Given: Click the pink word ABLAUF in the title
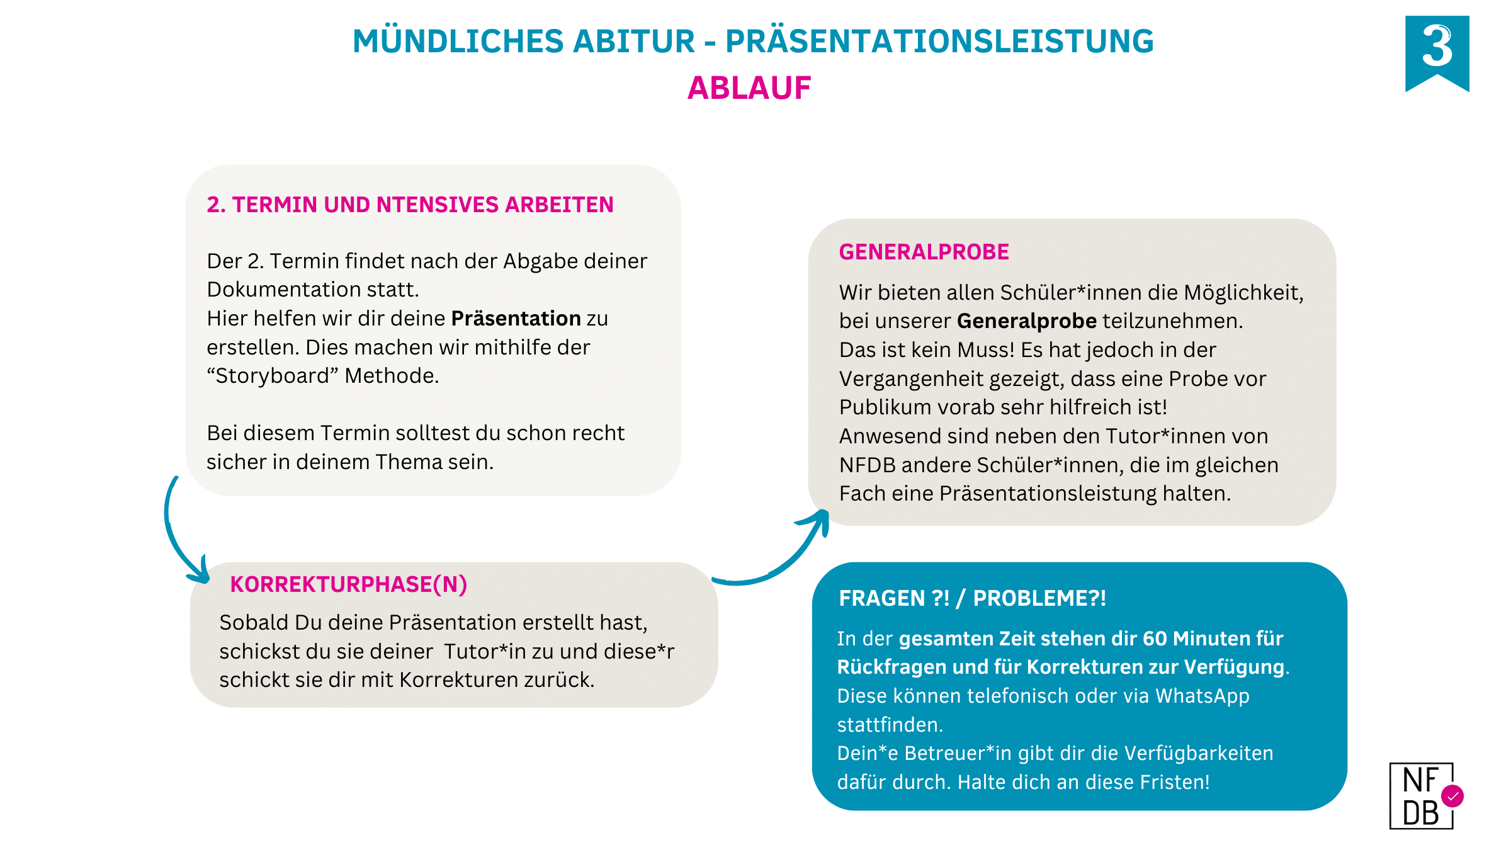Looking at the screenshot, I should pyautogui.click(x=749, y=88).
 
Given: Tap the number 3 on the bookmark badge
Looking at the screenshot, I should pyautogui.click(x=1437, y=47).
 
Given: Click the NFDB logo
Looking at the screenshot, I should pyautogui.click(x=1421, y=796).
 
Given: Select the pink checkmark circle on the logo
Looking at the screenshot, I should pyautogui.click(x=1452, y=796).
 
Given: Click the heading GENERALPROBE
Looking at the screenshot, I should pyautogui.click(x=924, y=252).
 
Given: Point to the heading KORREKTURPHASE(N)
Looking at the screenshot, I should pyautogui.click(x=348, y=584).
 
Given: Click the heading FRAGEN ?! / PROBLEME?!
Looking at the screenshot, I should pyautogui.click(x=972, y=598).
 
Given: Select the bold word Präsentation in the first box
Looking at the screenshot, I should pyautogui.click(x=516, y=319).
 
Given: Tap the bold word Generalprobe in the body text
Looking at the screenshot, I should pyautogui.click(x=1026, y=321).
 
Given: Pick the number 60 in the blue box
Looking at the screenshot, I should pyautogui.click(x=1155, y=638).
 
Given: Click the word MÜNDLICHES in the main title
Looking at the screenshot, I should pyautogui.click(x=458, y=42).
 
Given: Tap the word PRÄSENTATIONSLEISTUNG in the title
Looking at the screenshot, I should pyautogui.click(x=939, y=42).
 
